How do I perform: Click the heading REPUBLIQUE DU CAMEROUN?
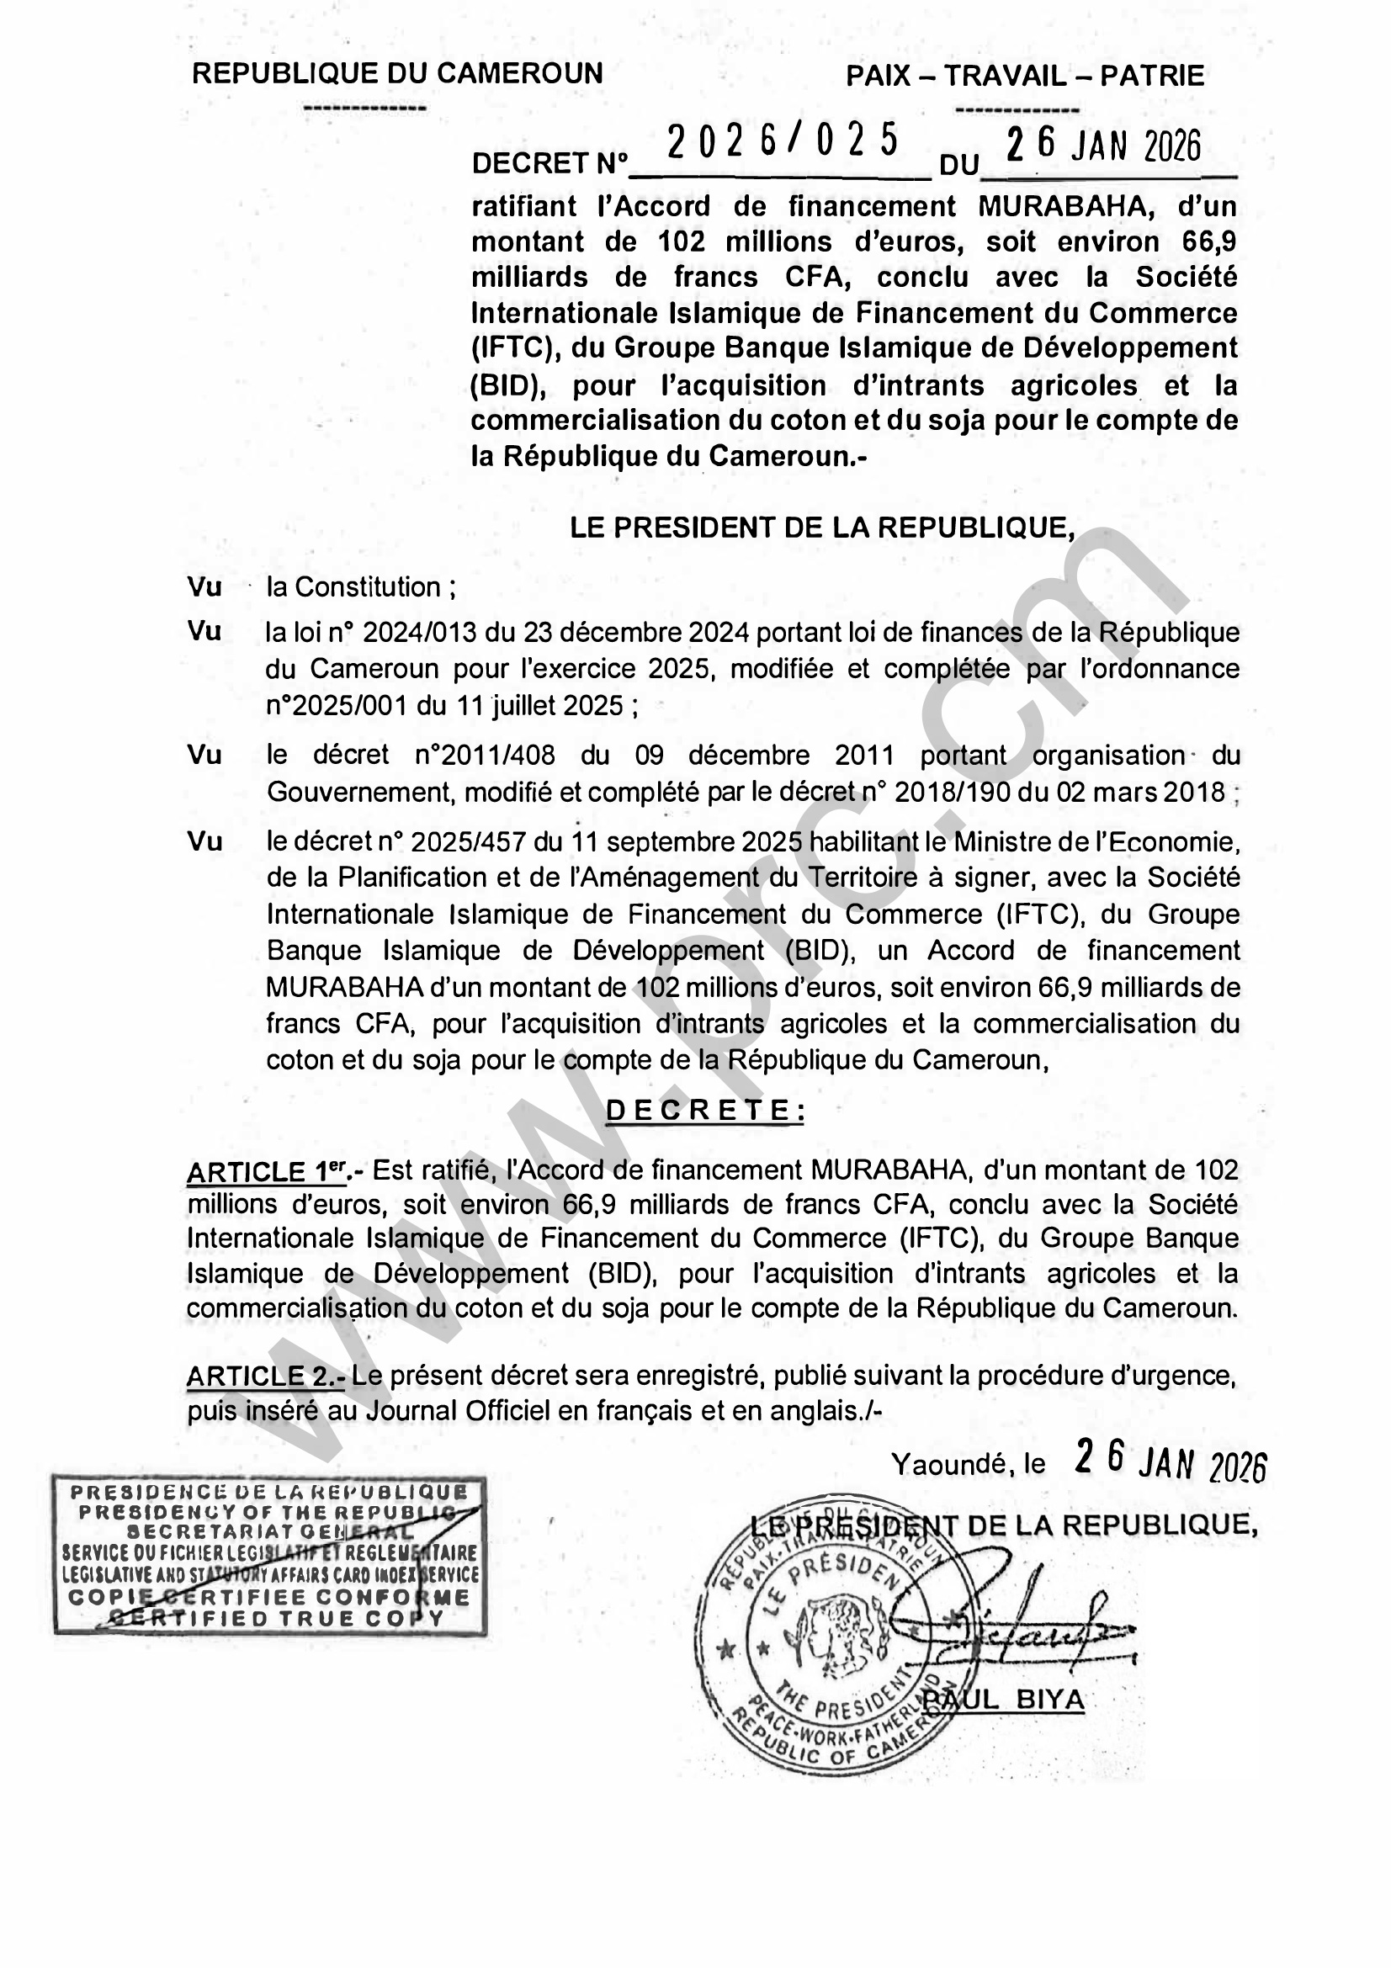click(x=398, y=74)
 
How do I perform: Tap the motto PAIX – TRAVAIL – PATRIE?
click(x=1025, y=77)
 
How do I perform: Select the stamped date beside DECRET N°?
click(x=1104, y=146)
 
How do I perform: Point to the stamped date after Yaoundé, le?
click(x=1170, y=1461)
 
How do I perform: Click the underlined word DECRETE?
click(x=705, y=1111)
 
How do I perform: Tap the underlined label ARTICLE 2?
click(x=266, y=1377)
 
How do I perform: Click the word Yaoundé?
click(x=953, y=1464)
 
